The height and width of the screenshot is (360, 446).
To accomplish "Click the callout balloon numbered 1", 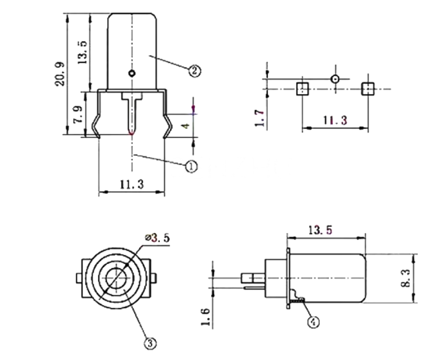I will tap(192, 166).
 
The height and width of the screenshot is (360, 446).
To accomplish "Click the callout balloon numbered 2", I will tap(194, 70).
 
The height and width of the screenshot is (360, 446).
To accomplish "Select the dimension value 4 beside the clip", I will tap(186, 125).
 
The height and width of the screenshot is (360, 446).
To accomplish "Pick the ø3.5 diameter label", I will tap(157, 238).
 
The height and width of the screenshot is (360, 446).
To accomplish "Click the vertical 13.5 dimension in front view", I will tap(83, 52).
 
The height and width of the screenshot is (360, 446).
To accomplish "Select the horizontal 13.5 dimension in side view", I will tap(322, 229).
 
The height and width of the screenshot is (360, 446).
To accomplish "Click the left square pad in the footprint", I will tap(302, 89).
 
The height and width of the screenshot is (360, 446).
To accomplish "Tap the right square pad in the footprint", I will tap(368, 89).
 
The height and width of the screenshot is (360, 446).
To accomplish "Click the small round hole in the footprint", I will tap(335, 79).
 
